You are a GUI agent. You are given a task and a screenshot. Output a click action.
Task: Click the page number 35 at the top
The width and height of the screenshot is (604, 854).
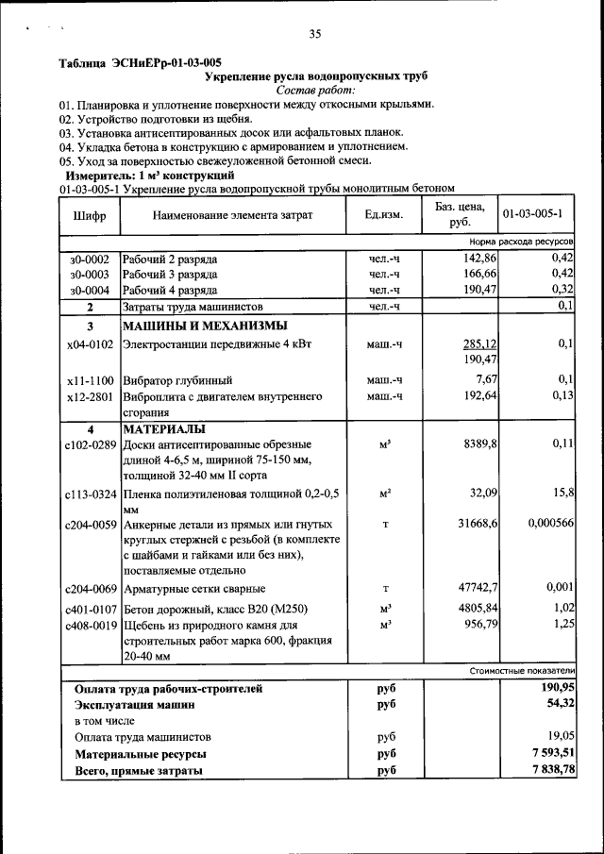point(315,34)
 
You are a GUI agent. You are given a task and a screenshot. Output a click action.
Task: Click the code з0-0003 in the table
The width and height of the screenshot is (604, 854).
point(90,274)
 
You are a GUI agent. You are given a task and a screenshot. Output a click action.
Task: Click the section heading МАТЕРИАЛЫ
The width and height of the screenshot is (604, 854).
point(163,428)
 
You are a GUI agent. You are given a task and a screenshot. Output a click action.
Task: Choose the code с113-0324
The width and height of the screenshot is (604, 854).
point(91,493)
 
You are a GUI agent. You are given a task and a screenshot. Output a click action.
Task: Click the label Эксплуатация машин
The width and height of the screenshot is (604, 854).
point(135,704)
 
